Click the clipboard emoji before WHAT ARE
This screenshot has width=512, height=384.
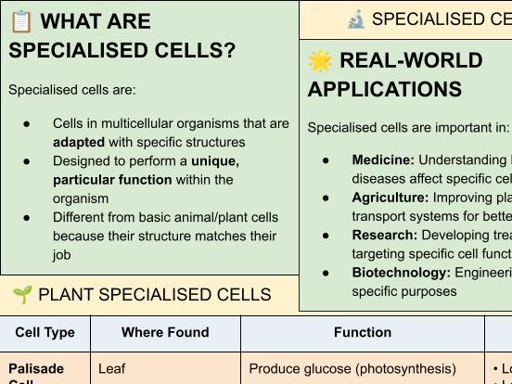pyautogui.click(x=20, y=21)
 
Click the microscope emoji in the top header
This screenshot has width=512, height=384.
pyautogui.click(x=355, y=19)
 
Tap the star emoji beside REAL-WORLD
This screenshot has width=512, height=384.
pyautogui.click(x=320, y=61)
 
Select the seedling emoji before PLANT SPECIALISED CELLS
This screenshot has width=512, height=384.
pyautogui.click(x=22, y=295)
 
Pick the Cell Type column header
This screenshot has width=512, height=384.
pyautogui.click(x=45, y=332)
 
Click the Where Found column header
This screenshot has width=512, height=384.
pyautogui.click(x=165, y=332)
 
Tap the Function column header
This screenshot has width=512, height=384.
pyautogui.click(x=362, y=332)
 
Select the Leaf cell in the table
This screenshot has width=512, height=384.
pyautogui.click(x=111, y=369)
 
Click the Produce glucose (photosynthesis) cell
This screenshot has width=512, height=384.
pyautogui.click(x=352, y=369)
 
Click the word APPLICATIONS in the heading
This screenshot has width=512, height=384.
pyautogui.click(x=385, y=90)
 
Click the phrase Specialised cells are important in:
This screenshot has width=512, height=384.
pyautogui.click(x=408, y=128)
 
